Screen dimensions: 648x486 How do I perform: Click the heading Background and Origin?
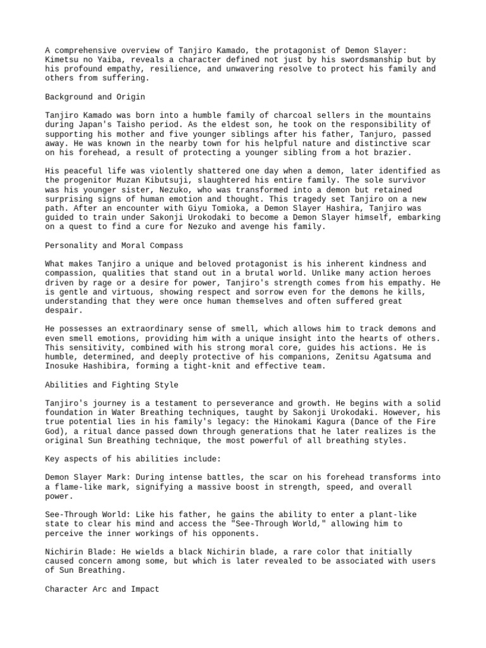pyautogui.click(x=96, y=97)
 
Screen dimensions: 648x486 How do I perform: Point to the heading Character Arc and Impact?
pyautogui.click(x=103, y=589)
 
